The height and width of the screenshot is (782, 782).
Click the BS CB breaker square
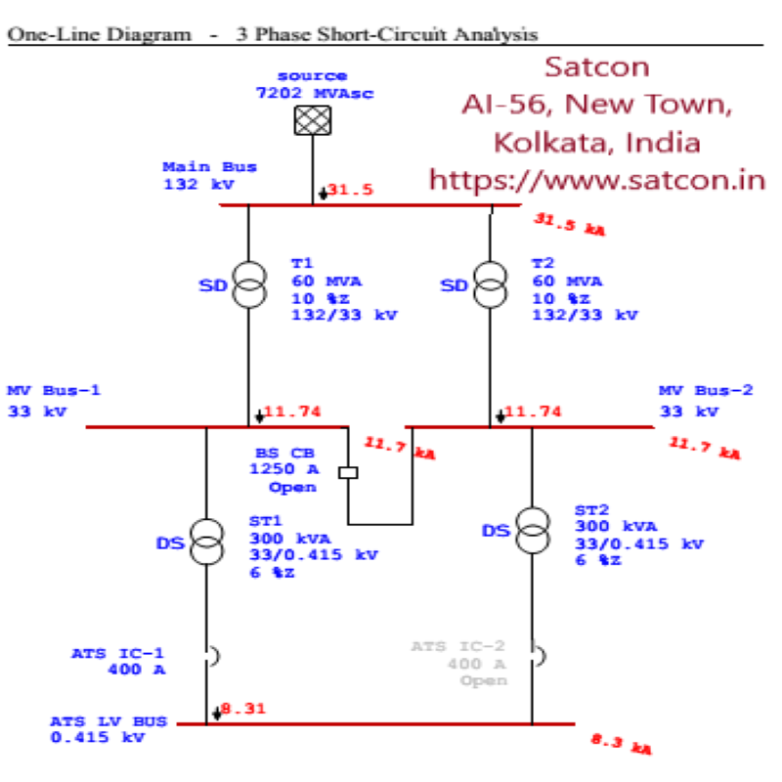coord(348,473)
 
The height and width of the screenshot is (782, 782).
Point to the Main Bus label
coord(196,167)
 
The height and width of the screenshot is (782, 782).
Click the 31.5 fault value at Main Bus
coord(350,191)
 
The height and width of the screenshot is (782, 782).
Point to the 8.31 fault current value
coord(242,709)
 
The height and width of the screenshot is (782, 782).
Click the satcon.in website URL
coord(596,181)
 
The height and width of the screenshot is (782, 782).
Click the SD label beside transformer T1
coord(213,285)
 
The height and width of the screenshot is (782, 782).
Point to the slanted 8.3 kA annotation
coord(621,744)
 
